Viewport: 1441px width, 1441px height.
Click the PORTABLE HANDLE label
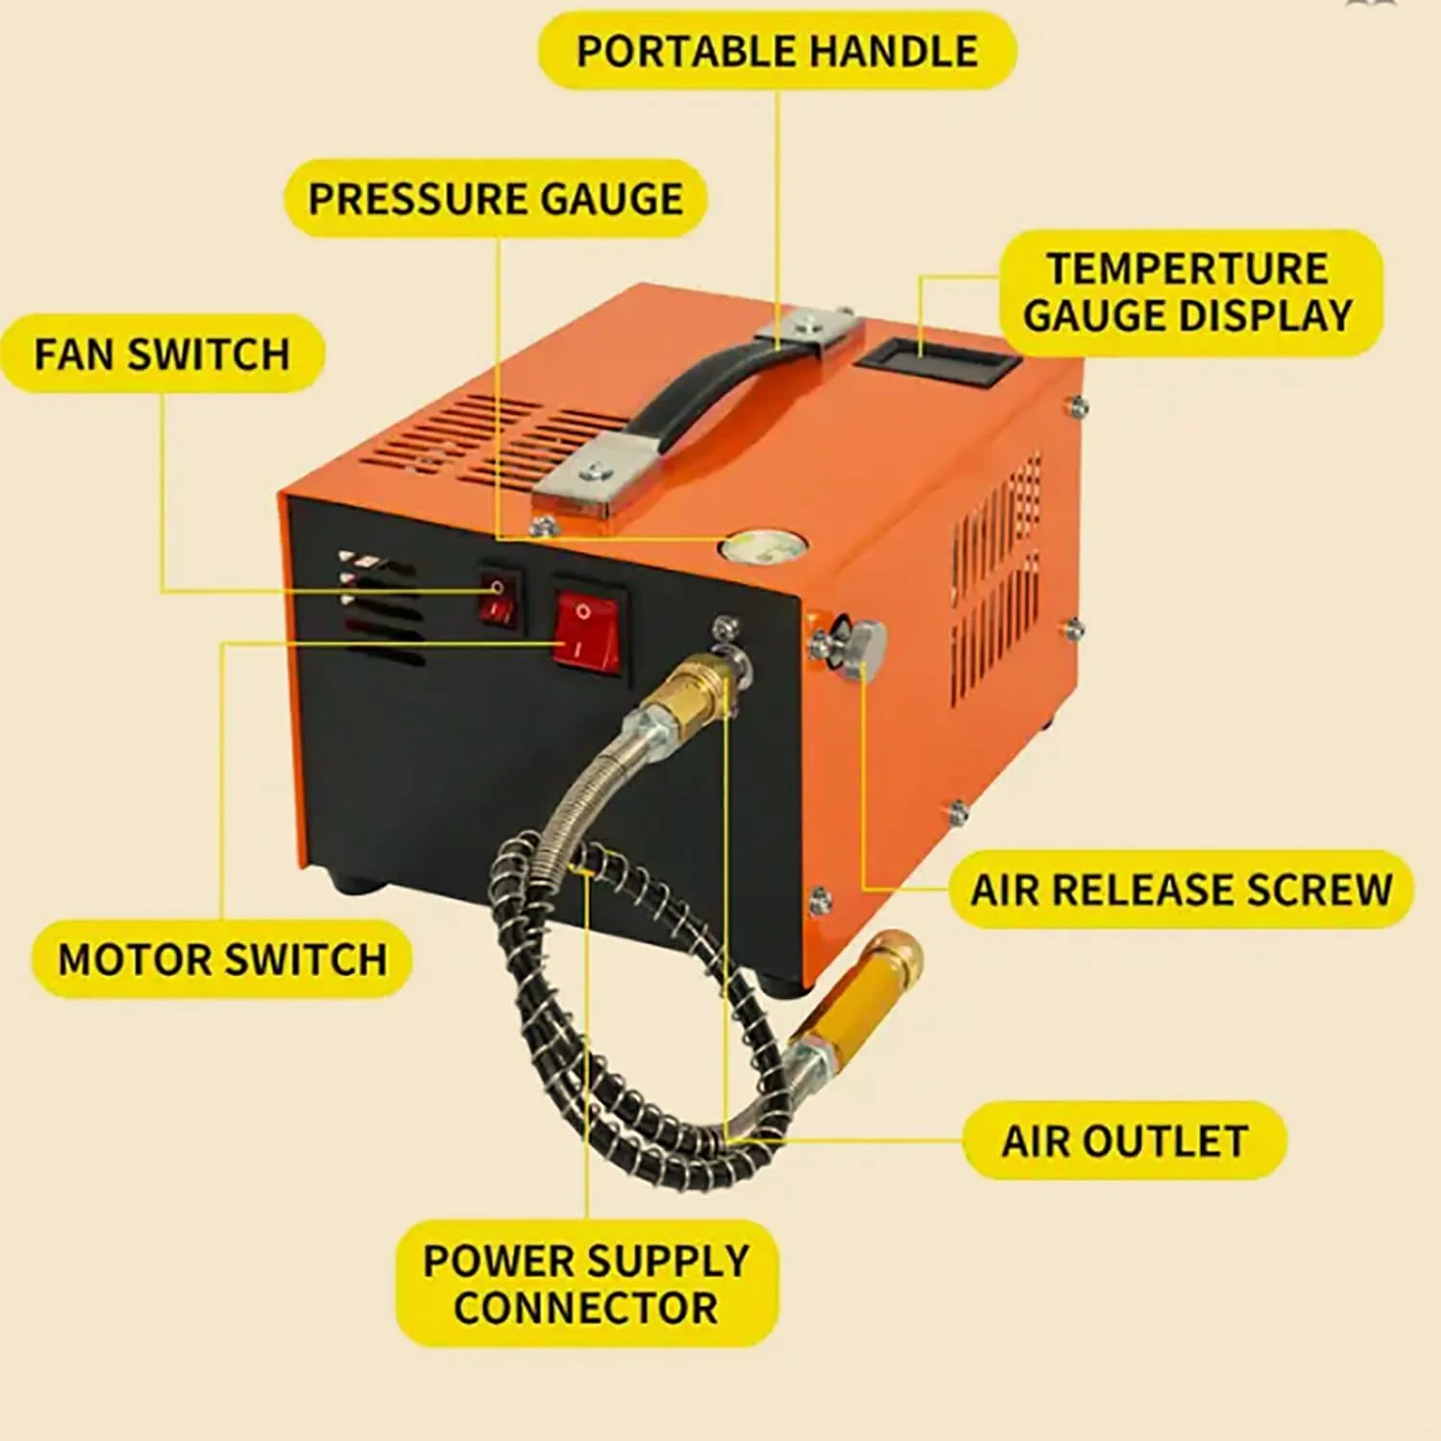(776, 51)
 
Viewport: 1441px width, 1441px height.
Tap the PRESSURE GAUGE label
(495, 199)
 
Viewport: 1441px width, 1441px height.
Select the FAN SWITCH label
(161, 354)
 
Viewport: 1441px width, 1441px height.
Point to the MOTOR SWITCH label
(222, 960)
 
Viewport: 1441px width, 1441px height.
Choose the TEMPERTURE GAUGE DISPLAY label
(1189, 292)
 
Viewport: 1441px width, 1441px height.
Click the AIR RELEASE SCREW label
(1181, 890)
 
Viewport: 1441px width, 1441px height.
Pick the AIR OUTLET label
(1124, 1141)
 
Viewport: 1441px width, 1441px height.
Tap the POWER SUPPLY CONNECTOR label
(586, 1283)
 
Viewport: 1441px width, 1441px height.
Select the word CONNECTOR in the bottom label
(586, 1307)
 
